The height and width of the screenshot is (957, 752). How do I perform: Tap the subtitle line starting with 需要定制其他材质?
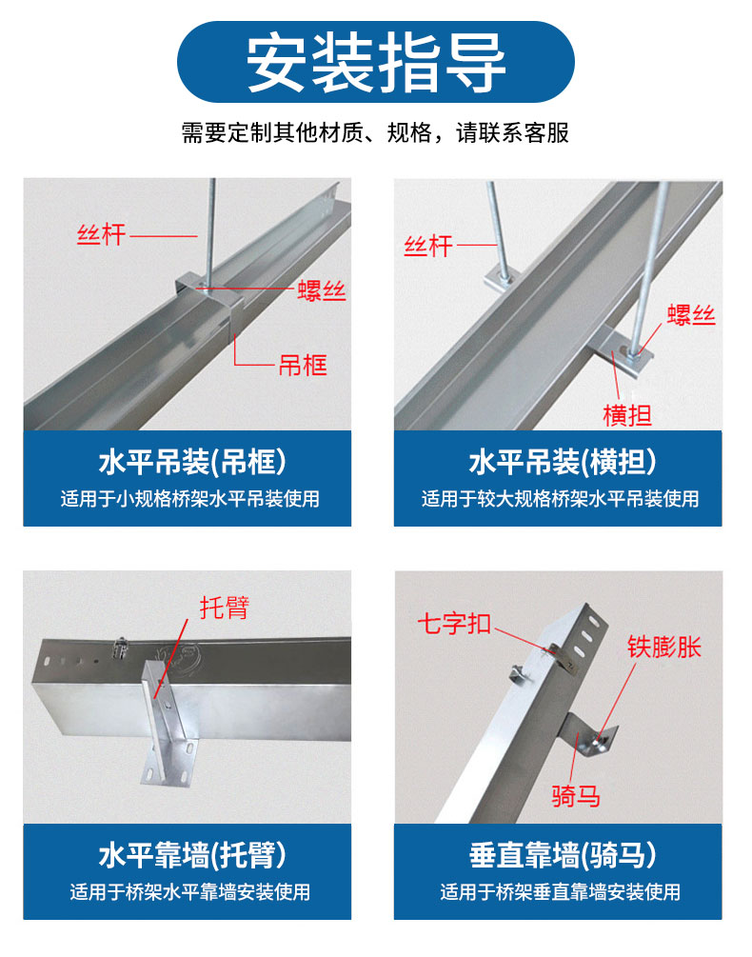coord(375,132)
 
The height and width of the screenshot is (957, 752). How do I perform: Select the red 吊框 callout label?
coord(302,365)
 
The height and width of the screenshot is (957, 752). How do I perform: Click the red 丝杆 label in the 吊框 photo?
coord(101,234)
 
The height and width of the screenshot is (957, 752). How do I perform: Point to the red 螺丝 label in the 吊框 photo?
coord(321,291)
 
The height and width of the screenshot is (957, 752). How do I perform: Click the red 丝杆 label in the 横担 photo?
coord(427,247)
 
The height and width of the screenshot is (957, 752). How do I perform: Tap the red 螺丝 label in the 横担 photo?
coord(690,315)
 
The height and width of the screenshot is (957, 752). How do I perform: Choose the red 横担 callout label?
coord(627,414)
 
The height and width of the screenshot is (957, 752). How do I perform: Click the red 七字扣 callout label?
coord(454,625)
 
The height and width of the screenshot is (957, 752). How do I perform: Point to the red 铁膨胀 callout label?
coord(663,648)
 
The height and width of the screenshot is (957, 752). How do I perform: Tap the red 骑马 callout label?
coord(576,795)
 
